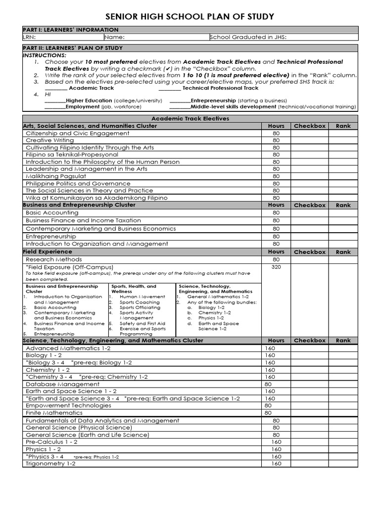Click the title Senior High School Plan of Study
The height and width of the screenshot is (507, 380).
190,17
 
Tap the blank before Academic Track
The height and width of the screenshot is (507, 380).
55,88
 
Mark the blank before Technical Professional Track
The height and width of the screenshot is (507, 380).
170,88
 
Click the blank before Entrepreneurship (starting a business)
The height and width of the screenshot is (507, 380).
180,101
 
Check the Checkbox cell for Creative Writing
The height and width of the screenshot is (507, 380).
310,141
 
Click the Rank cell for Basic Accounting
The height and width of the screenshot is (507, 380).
343,213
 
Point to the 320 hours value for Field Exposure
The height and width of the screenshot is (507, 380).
276,267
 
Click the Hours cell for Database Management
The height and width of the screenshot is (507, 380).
276,384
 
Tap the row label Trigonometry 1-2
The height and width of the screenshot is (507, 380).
50,464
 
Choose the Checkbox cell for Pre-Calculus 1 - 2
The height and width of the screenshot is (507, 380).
310,442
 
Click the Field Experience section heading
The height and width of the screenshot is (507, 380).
47,252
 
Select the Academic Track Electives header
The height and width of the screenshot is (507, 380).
190,119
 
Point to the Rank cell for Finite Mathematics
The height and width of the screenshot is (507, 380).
343,413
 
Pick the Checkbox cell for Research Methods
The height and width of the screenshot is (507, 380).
310,259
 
